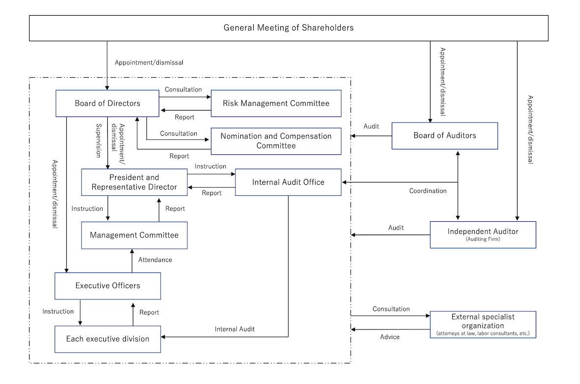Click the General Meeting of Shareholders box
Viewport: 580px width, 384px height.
pyautogui.click(x=289, y=28)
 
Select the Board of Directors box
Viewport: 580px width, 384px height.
pyautogui.click(x=107, y=103)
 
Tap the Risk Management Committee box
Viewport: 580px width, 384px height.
pyautogui.click(x=276, y=103)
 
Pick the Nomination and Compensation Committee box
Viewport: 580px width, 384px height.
pyautogui.click(x=276, y=141)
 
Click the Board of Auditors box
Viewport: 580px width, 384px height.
pyautogui.click(x=444, y=136)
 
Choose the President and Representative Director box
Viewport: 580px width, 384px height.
pyautogui.click(x=134, y=182)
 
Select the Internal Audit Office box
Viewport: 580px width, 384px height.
pyautogui.click(x=288, y=182)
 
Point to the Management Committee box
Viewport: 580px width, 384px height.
pyautogui.click(x=134, y=235)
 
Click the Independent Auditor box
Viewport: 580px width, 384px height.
pyautogui.click(x=483, y=235)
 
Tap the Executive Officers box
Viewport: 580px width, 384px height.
pyautogui.click(x=108, y=286)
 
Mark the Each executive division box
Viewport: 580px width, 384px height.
pyautogui.click(x=108, y=339)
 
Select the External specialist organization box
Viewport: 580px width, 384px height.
pyautogui.click(x=483, y=325)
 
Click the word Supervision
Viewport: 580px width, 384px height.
pyautogui.click(x=97, y=140)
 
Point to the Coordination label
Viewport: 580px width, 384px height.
pyautogui.click(x=428, y=191)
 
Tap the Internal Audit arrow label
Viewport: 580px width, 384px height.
pyautogui.click(x=234, y=329)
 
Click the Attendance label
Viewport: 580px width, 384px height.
pyautogui.click(x=155, y=260)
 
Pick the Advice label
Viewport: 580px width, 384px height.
pyautogui.click(x=390, y=337)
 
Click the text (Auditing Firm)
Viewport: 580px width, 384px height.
pyautogui.click(x=483, y=239)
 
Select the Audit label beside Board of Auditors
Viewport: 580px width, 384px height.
pyautogui.click(x=371, y=126)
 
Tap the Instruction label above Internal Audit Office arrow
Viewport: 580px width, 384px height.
pyautogui.click(x=210, y=166)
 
